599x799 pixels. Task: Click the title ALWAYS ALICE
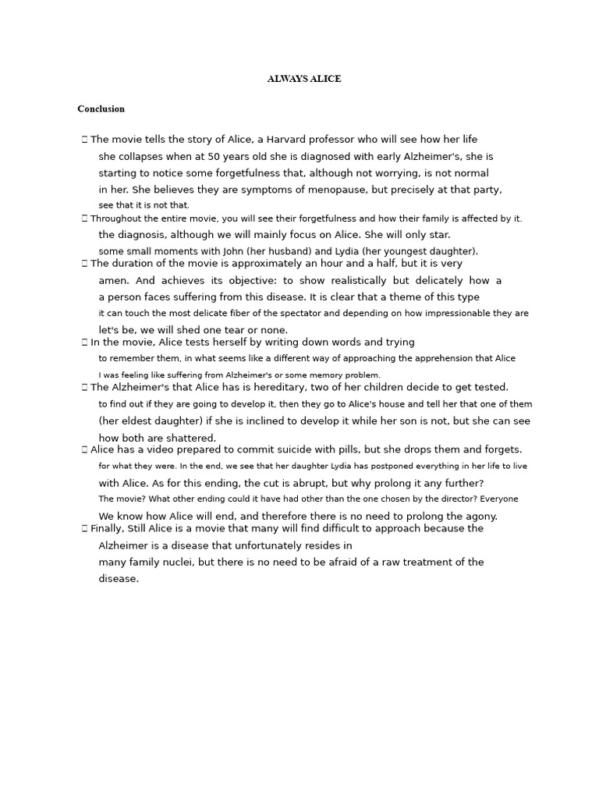click(x=304, y=79)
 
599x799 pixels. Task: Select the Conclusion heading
click(x=101, y=108)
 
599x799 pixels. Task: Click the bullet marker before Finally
click(x=84, y=529)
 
